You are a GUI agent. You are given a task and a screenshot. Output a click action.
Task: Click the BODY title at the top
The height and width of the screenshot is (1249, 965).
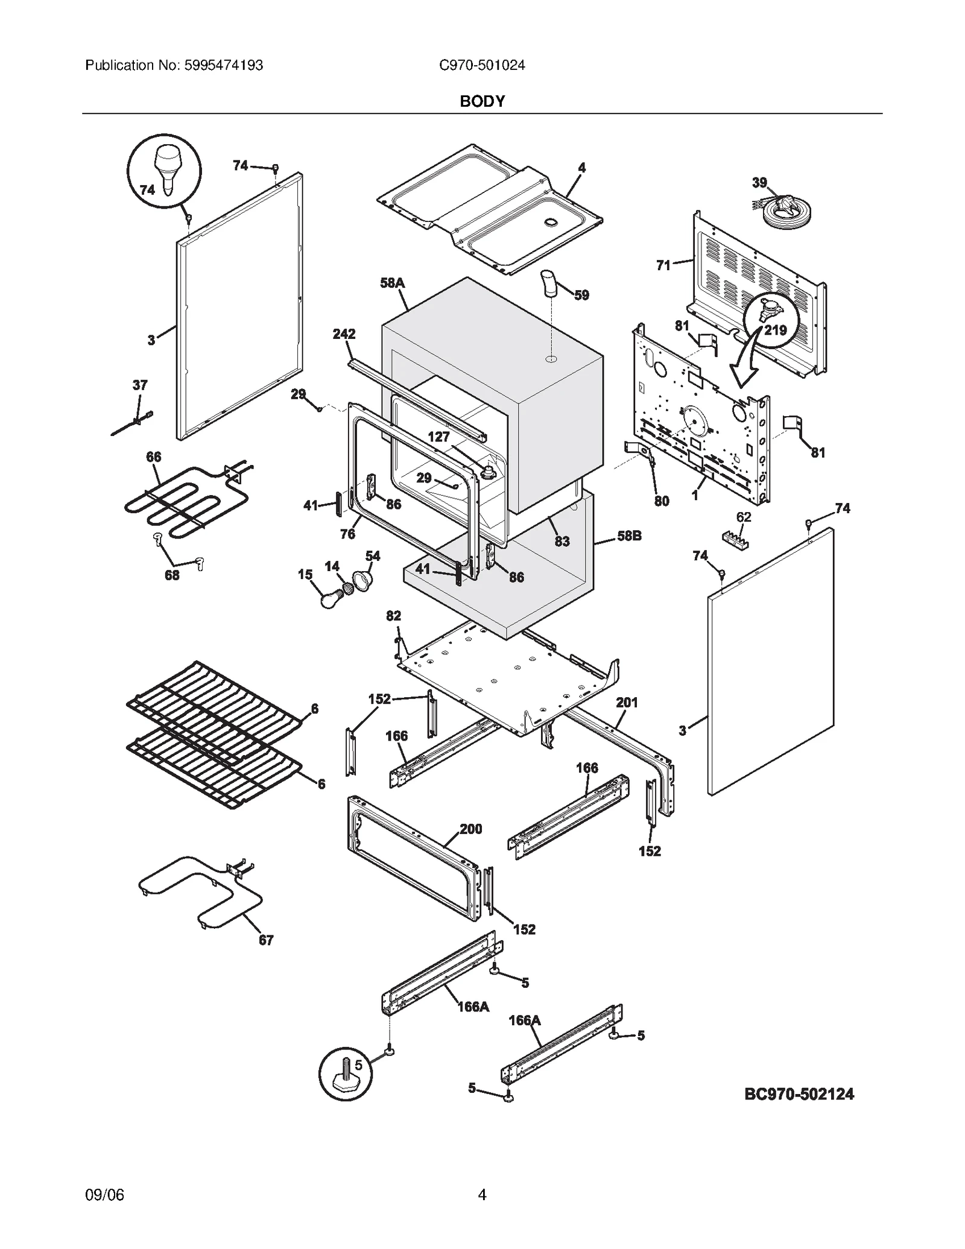pos(482,101)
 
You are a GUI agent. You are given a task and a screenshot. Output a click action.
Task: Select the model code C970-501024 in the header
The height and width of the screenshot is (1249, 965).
pos(482,65)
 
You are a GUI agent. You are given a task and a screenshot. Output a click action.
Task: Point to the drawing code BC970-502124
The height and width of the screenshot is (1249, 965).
pos(799,1094)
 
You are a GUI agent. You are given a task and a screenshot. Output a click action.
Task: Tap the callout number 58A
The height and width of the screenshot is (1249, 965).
pos(392,282)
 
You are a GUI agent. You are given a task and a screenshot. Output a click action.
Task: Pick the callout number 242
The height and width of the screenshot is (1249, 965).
pos(344,334)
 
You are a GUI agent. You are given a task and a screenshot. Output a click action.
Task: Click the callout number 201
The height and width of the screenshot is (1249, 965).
pos(627,702)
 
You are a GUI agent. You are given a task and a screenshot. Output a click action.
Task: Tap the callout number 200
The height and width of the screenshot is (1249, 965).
pos(470,829)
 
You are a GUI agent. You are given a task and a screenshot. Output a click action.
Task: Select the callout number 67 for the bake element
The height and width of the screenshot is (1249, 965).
pos(266,940)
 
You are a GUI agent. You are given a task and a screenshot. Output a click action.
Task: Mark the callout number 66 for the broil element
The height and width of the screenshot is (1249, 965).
pos(154,457)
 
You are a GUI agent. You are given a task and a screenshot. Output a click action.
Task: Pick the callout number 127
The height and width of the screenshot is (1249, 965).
pos(438,437)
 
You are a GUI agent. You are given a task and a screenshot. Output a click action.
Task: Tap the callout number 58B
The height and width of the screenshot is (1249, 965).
pos(629,536)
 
